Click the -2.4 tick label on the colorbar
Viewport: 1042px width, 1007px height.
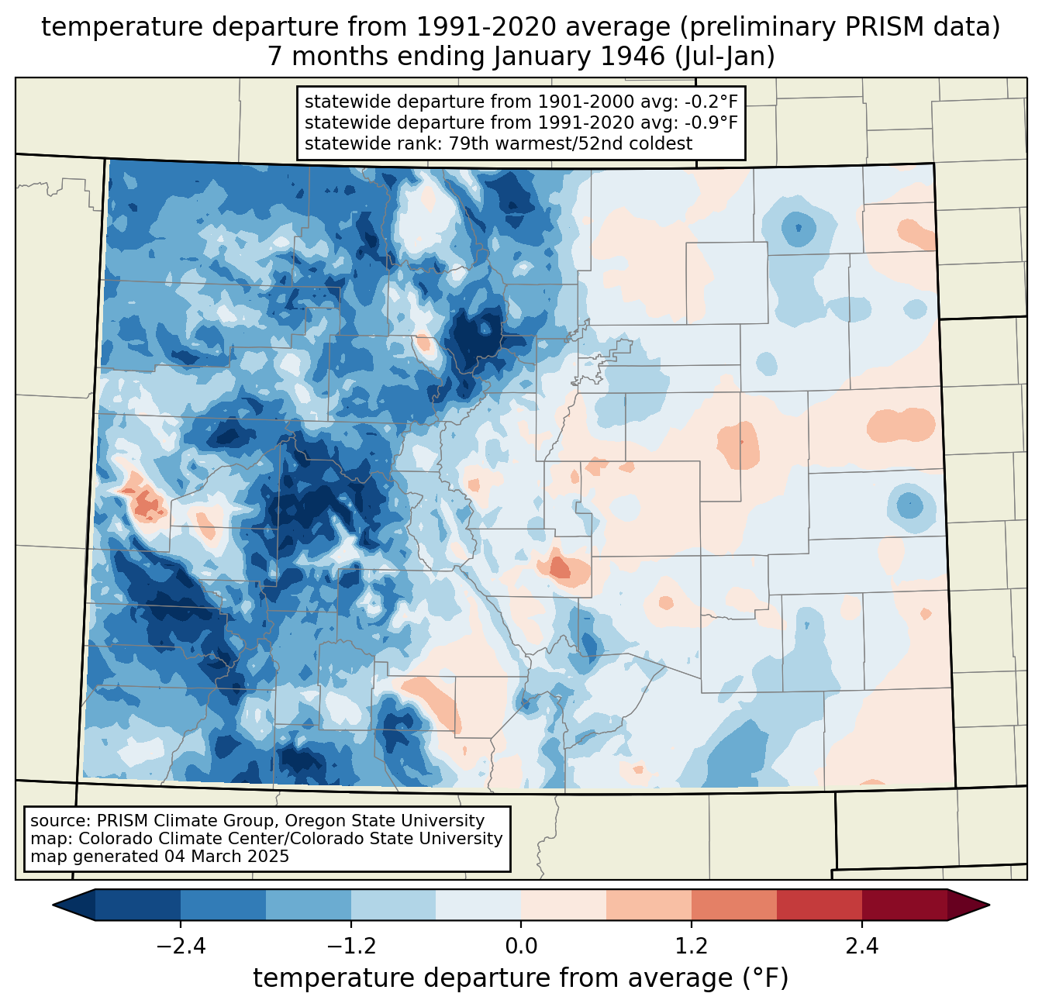(181, 947)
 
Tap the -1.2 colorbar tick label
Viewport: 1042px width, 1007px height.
(351, 947)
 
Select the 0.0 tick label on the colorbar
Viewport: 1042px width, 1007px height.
(521, 947)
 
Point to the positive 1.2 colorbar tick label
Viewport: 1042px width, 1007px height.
(692, 947)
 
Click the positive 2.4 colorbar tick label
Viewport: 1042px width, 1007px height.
(861, 947)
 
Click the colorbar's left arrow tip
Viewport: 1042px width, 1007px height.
(54, 905)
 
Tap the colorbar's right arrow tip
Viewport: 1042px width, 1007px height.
(988, 905)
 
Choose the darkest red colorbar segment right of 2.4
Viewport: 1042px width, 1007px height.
(904, 905)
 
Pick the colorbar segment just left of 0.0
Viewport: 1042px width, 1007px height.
(478, 905)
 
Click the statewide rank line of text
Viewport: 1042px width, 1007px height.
(499, 143)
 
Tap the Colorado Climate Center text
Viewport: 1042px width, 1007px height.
(167, 839)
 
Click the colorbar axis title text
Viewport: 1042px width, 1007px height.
(521, 978)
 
